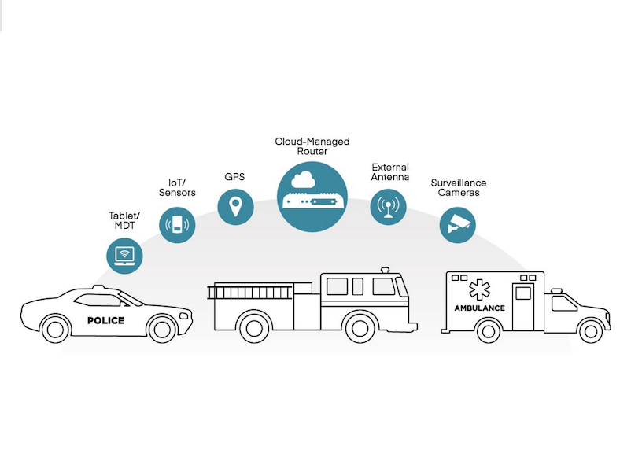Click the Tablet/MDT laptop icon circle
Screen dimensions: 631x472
point(124,256)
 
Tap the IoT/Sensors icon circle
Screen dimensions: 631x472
point(177,225)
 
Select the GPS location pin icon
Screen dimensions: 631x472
point(235,207)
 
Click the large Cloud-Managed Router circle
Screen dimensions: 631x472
point(312,197)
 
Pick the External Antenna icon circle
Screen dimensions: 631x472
point(388,207)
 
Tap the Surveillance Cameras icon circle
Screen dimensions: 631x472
point(458,225)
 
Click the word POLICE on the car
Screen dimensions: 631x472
point(106,320)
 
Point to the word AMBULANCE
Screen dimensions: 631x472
point(480,308)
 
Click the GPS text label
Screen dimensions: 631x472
point(234,177)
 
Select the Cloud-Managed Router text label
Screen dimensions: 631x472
point(312,146)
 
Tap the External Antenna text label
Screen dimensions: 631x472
point(390,171)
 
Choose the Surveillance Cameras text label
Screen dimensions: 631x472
point(459,187)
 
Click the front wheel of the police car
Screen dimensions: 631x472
point(162,329)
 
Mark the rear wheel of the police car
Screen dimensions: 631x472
point(55,329)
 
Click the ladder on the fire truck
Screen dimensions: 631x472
point(249,292)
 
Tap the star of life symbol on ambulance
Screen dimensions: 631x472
point(480,289)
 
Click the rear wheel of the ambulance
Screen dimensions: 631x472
point(489,330)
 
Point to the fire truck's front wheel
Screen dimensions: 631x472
point(360,327)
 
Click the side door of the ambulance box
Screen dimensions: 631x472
point(523,307)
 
